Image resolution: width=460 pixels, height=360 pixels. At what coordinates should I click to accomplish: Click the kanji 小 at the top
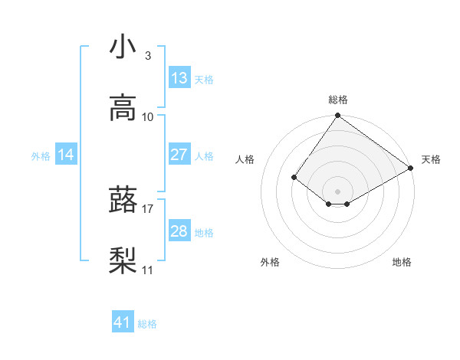point(123,47)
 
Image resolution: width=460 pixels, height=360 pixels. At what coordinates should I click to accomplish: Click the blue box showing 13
point(179,78)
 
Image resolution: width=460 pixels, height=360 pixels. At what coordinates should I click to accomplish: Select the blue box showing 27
point(179,155)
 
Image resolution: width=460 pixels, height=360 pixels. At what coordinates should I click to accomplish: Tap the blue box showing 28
point(179,231)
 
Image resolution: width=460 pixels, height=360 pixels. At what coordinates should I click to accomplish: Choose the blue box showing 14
point(66,155)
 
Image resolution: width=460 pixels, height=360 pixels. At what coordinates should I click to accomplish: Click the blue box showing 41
point(123,322)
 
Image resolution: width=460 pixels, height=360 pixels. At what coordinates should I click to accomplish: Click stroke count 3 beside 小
point(148,56)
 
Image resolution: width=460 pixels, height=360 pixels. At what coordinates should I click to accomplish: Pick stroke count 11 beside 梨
point(148,270)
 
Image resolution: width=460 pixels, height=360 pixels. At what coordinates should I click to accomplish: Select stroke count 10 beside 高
point(148,116)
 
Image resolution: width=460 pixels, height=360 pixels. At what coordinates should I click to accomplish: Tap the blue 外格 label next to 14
point(41,155)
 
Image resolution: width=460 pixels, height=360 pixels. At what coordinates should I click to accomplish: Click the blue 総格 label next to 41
point(147,324)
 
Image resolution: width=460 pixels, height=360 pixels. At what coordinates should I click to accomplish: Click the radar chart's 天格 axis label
point(431,159)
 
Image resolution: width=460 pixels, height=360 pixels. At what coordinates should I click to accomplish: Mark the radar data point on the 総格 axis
point(337,116)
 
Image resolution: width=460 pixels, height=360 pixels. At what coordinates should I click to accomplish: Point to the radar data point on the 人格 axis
point(294,177)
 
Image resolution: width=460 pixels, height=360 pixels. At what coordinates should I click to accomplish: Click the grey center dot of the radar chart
point(337,191)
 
